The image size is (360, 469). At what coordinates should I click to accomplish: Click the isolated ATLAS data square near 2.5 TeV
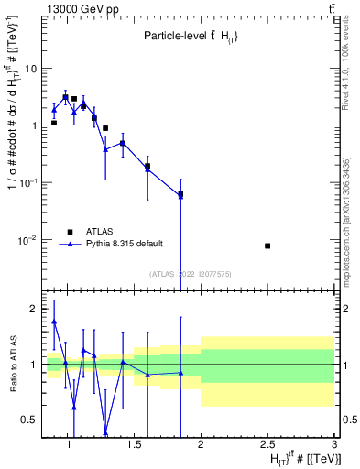pos(267,245)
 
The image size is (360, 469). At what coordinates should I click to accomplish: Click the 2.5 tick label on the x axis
pos(267,445)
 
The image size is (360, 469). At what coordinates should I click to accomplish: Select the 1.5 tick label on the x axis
pos(134,445)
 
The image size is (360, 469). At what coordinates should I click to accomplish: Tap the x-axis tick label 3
pos(334,445)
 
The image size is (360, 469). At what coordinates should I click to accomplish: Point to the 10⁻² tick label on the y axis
pos(28,240)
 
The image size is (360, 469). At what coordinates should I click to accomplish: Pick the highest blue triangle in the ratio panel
pos(54,322)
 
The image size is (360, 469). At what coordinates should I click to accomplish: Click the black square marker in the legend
pos(68,231)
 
